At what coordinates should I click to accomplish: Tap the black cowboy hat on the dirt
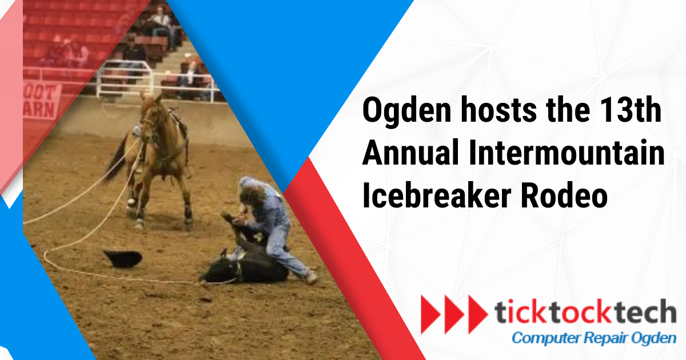122,258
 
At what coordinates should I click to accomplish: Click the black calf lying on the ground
246,263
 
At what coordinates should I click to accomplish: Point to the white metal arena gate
123,80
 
